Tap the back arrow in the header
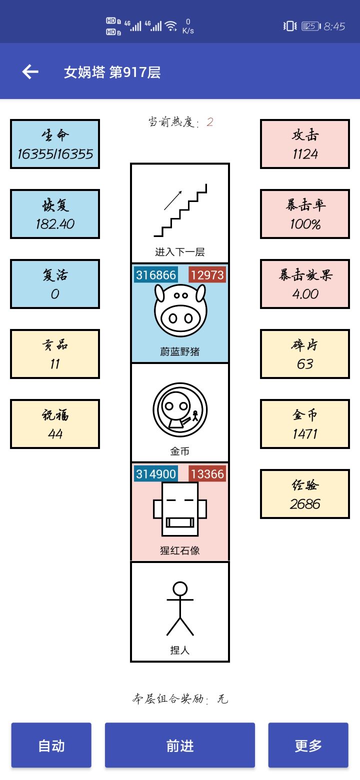[30, 72]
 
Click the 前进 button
[180, 745]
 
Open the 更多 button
[308, 745]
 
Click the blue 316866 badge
[156, 274]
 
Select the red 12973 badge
[207, 274]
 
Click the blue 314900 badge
[156, 473]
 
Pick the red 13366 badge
[207, 473]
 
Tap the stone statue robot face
[180, 509]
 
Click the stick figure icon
[180, 608]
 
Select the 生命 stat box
[55, 144]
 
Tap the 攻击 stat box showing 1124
[305, 144]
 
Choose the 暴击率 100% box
[305, 214]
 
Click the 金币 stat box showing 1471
[305, 424]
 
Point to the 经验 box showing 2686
[305, 494]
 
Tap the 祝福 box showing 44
[55, 424]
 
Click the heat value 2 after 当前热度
[210, 122]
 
